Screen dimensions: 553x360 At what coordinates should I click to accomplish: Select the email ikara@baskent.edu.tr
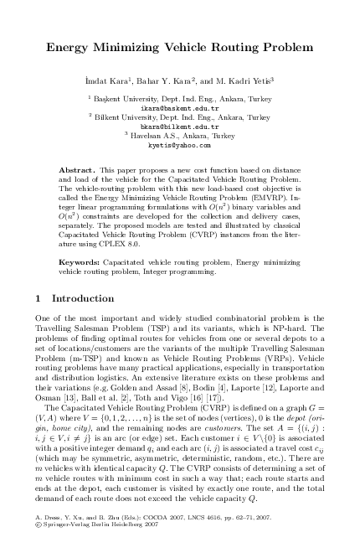click(x=179, y=108)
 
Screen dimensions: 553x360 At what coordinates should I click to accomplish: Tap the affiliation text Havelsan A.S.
click(x=154, y=137)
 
